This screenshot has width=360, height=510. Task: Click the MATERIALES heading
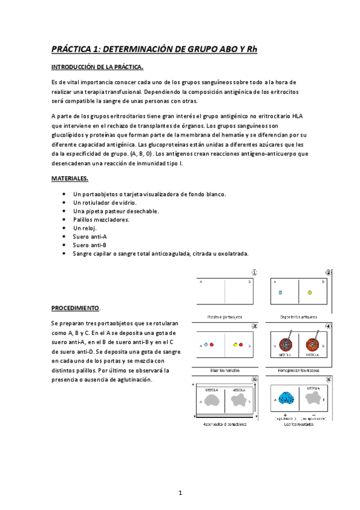[70, 178]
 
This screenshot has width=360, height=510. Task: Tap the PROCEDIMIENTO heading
[75, 307]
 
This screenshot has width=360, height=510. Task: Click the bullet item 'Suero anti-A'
[90, 236]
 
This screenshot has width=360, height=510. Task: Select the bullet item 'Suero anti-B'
[90, 245]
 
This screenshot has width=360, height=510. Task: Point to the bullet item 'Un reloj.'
[84, 228]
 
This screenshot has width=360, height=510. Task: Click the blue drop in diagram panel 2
[280, 293]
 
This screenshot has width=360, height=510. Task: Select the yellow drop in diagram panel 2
[310, 293]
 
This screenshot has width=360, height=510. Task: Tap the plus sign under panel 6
[284, 415]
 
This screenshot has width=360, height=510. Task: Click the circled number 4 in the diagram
[328, 326]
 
